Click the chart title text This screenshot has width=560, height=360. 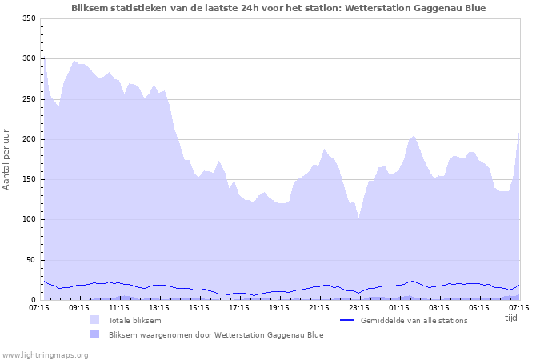point(278,8)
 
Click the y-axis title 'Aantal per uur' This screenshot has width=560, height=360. point(7,159)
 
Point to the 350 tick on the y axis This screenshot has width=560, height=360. point(29,18)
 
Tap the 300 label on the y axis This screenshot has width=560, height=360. point(29,59)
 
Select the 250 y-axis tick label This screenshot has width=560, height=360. point(29,99)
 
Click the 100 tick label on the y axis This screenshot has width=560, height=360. point(29,220)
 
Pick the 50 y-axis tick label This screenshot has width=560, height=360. point(31,260)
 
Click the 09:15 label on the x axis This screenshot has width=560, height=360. point(79,307)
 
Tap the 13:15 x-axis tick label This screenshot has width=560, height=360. point(159,307)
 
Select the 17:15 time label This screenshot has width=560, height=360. point(239,307)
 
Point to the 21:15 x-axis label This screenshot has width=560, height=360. point(319,307)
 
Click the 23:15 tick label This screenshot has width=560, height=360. point(359,307)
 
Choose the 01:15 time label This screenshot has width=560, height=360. point(399,307)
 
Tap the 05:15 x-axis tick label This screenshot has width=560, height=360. point(479,307)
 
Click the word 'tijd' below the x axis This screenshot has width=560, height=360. point(511,318)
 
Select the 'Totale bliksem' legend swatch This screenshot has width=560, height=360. point(95,320)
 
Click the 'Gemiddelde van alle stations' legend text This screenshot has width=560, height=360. point(414,320)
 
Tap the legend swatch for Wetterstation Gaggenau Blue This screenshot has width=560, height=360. point(95,334)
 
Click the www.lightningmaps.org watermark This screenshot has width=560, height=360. point(44,354)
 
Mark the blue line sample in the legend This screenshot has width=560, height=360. point(347,320)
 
